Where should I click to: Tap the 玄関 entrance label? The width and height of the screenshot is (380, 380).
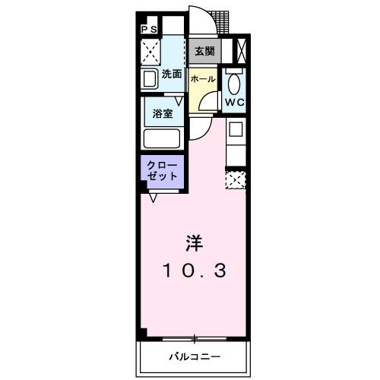203,52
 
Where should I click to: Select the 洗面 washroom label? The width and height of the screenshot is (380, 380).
172,74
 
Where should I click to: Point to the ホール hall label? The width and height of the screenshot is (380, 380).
201,79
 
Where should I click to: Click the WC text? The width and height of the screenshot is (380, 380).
233,101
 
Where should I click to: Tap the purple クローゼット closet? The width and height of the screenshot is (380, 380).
162,169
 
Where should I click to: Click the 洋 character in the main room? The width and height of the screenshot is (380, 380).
195,243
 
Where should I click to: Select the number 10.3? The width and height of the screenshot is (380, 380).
195,270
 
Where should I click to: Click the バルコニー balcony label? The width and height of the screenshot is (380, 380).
194,355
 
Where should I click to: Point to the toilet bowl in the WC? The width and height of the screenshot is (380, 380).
233,82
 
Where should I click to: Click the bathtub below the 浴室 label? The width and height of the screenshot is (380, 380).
162,139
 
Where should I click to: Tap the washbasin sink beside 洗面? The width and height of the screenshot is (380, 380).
149,78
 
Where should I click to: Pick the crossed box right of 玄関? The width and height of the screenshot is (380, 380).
241,51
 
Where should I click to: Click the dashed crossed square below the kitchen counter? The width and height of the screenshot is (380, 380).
236,179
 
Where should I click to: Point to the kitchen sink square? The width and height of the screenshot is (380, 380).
236,128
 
